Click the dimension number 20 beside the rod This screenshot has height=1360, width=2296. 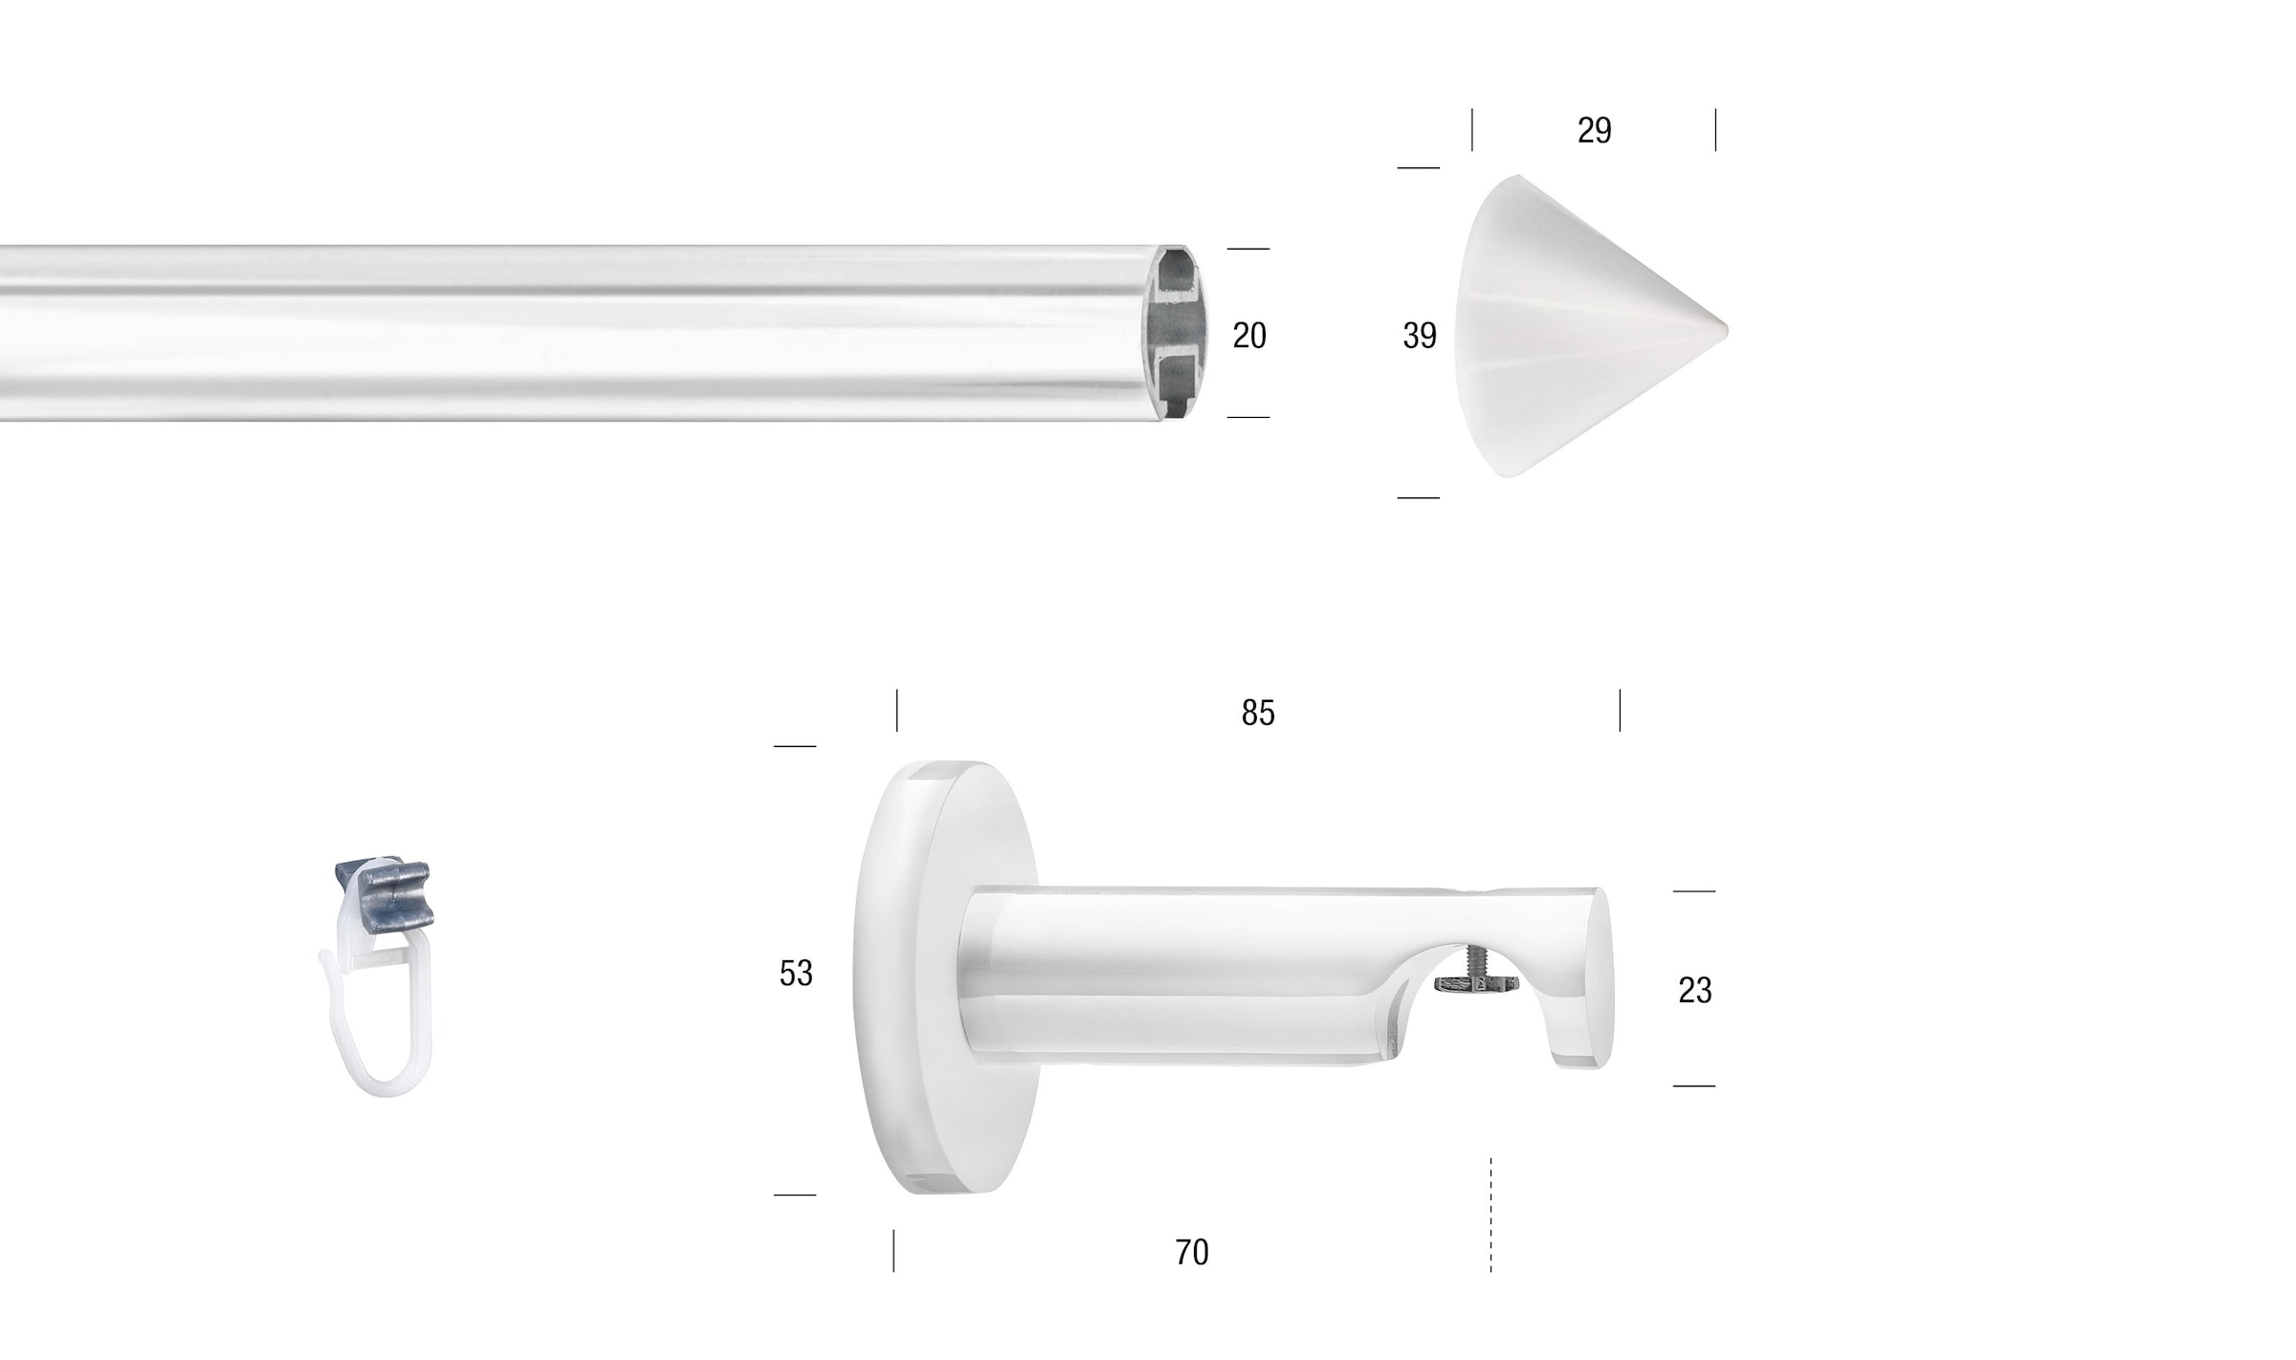point(1249,336)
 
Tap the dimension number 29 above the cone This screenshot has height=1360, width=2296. point(1594,130)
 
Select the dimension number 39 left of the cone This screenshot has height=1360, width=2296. point(1420,336)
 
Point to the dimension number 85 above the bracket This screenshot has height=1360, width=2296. point(1258,713)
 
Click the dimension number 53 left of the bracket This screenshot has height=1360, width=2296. point(796,973)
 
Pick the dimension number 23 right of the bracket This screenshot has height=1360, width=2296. point(1694,990)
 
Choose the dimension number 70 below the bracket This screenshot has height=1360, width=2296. point(1192,1252)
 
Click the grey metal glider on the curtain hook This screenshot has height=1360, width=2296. point(383,889)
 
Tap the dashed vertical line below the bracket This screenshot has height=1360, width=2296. point(1490,1215)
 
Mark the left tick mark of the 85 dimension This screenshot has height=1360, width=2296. point(896,711)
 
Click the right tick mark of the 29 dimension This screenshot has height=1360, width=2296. point(1715,130)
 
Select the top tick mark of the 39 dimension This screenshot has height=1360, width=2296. point(1419,168)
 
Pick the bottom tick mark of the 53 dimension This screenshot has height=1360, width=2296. point(795,1195)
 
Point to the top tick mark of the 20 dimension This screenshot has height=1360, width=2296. point(1248,249)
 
